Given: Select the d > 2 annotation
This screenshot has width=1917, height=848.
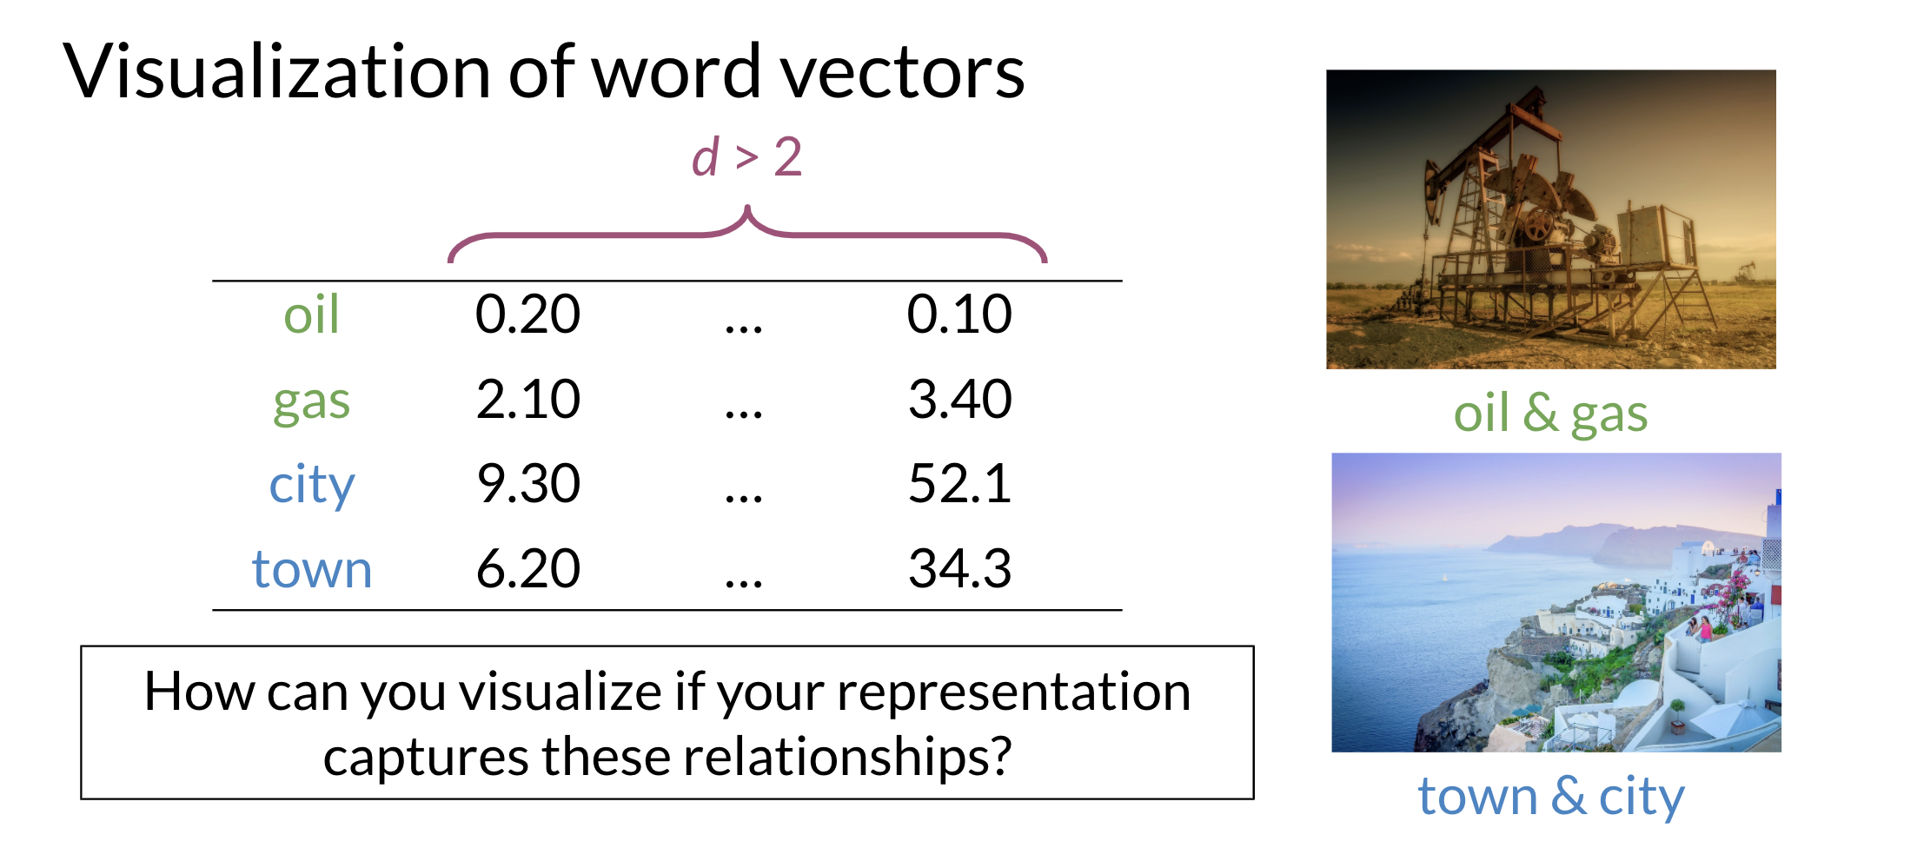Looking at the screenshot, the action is click(746, 158).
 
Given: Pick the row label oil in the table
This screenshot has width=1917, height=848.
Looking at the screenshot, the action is click(311, 314).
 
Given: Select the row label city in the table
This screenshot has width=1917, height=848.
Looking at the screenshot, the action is click(312, 486).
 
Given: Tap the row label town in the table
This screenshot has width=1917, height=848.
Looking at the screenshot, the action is click(312, 570).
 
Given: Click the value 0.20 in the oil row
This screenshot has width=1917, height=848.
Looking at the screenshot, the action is click(527, 314).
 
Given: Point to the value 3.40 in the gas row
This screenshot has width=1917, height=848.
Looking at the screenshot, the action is click(960, 400).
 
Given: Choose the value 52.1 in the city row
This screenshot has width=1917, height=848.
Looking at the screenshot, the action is click(960, 484).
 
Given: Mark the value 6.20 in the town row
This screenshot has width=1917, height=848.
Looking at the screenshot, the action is click(528, 569).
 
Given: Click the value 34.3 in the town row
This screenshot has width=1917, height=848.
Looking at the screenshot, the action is click(960, 569).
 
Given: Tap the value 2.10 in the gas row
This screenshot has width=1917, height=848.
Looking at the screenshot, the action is click(528, 400).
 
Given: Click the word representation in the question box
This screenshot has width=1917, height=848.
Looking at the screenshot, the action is click(1014, 693).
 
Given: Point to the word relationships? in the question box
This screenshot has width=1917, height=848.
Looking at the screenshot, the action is click(848, 758).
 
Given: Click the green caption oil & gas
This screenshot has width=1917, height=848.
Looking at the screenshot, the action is click(1551, 415).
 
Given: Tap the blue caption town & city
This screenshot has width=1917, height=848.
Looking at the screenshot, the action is click(1551, 798).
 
